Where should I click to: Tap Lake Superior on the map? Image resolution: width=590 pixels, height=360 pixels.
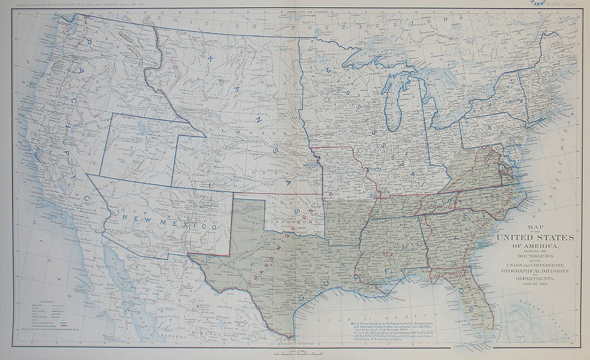381,57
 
